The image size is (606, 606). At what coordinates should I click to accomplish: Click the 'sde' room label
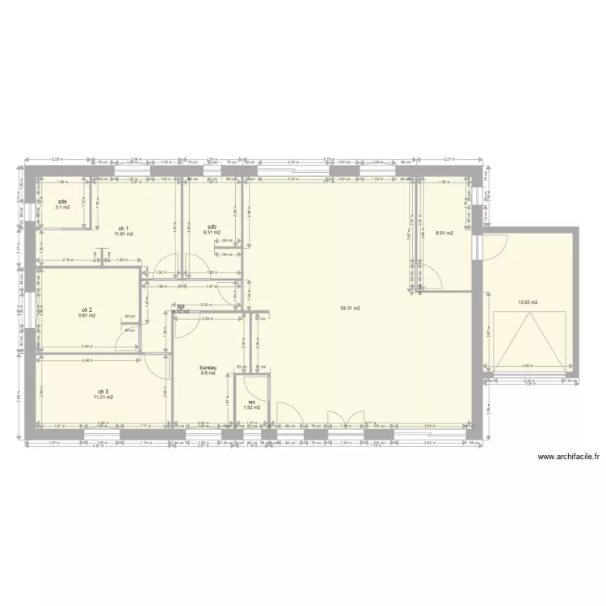(62, 201)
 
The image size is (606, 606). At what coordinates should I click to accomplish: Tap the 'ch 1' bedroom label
(123, 228)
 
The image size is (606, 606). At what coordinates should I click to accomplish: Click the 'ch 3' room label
(103, 391)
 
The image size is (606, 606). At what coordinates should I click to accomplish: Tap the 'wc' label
(252, 402)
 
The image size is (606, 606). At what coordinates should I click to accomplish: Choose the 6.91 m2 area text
(444, 234)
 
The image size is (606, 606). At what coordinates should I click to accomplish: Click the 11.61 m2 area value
(123, 234)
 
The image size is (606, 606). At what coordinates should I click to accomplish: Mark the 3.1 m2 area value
(62, 208)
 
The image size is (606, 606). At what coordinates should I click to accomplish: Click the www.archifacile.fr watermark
(569, 456)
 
